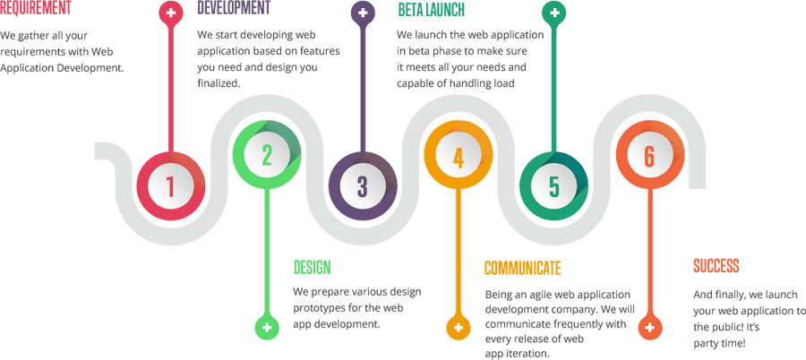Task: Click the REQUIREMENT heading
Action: point(36,8)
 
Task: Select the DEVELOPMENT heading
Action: point(234,8)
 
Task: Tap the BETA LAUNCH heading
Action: point(432,9)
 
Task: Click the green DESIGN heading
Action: point(312,268)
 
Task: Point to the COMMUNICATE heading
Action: point(523,268)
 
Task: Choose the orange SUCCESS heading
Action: point(716,266)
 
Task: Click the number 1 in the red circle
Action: point(171,186)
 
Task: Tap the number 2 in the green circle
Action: point(267,155)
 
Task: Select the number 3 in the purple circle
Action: point(363,186)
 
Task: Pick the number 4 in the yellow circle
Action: point(459,157)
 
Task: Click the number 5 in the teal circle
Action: point(553,186)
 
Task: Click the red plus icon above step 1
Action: point(171,13)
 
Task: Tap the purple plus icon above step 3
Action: point(363,13)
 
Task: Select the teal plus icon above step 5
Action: point(554,13)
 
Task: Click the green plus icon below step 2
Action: point(267,327)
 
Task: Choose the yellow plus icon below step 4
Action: point(459,327)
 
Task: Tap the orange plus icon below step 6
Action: point(650,327)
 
